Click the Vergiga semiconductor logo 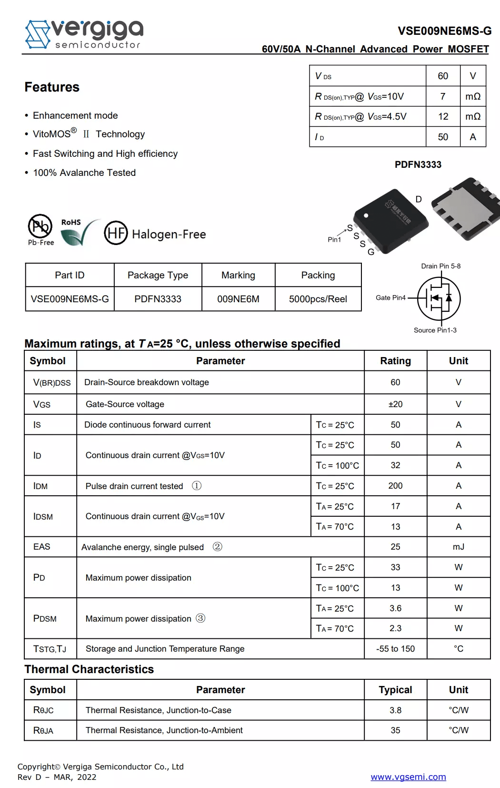pyautogui.click(x=84, y=34)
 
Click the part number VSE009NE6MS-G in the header pyautogui.click(x=444, y=31)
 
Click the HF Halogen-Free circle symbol pyautogui.click(x=116, y=233)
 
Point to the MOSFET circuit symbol pyautogui.click(x=439, y=298)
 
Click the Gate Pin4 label pyautogui.click(x=390, y=297)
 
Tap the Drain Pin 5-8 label pyautogui.click(x=440, y=266)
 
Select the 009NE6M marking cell pyautogui.click(x=238, y=299)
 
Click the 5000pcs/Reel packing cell pyautogui.click(x=318, y=299)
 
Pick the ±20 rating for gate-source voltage pyautogui.click(x=395, y=404)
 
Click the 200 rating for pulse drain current pyautogui.click(x=395, y=486)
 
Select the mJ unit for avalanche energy pyautogui.click(x=458, y=547)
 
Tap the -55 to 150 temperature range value pyautogui.click(x=395, y=649)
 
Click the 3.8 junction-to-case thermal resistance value pyautogui.click(x=395, y=710)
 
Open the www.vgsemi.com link pyautogui.click(x=408, y=777)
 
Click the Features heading pyautogui.click(x=52, y=87)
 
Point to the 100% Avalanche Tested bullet pyautogui.click(x=84, y=173)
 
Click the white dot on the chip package pyautogui.click(x=366, y=215)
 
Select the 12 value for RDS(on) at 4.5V pyautogui.click(x=443, y=116)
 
